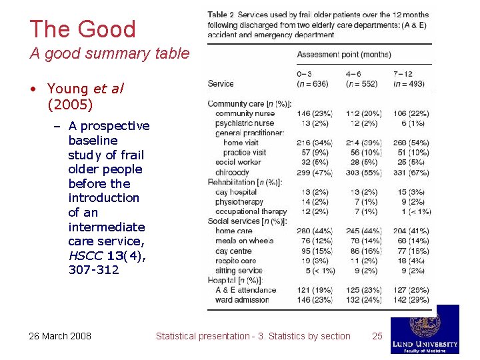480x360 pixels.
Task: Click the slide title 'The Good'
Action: (83, 29)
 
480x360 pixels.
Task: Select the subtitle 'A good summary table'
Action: (109, 53)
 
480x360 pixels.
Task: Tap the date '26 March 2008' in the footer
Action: (60, 336)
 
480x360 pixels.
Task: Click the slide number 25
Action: (377, 336)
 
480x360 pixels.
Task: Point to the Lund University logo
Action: (425, 329)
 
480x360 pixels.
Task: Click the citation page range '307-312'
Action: (93, 270)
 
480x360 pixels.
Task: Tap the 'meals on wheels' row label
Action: (245, 241)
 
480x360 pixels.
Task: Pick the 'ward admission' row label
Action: (242, 300)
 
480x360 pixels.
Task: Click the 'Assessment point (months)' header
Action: (344, 54)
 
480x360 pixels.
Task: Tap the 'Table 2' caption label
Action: (221, 15)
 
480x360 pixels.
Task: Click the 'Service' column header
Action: (221, 84)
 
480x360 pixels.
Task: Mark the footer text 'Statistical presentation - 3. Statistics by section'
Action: (253, 336)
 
